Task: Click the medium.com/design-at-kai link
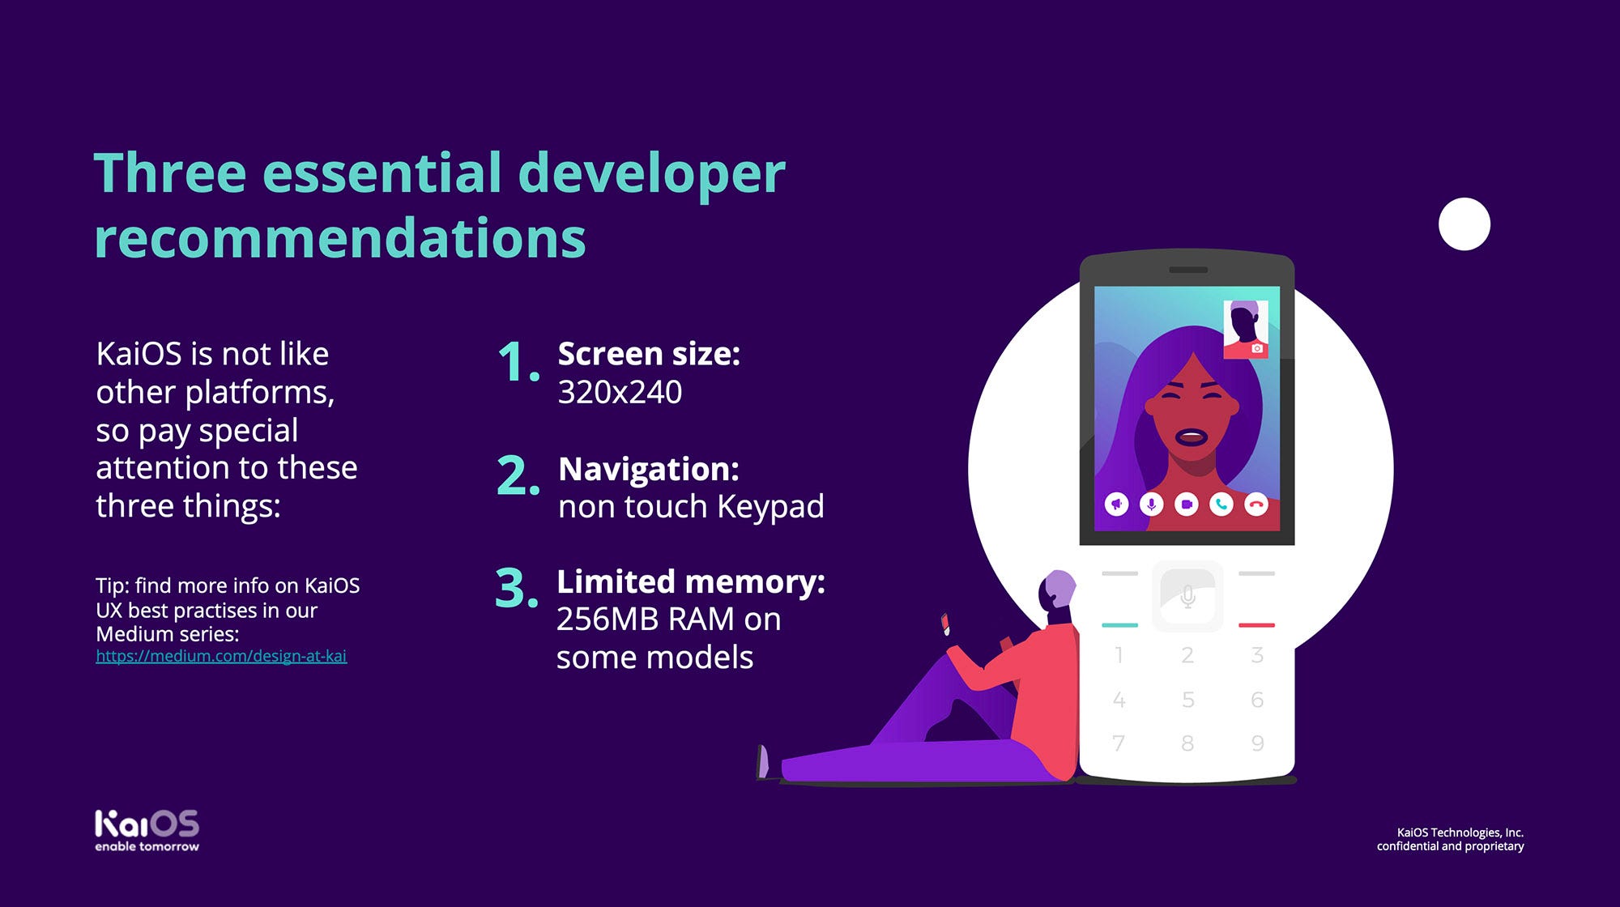[221, 657]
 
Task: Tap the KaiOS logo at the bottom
[147, 830]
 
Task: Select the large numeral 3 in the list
[516, 587]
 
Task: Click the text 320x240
[620, 392]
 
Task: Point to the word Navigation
[648, 469]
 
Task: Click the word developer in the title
[651, 174]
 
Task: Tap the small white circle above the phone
[1464, 224]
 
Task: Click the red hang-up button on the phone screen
[1256, 505]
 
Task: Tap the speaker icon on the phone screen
[1117, 505]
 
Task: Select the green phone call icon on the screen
[1221, 505]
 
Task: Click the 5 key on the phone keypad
[1188, 700]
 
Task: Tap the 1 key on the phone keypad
[1119, 655]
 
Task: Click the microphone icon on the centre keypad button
[1188, 598]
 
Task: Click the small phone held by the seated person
[945, 624]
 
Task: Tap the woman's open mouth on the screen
[1192, 438]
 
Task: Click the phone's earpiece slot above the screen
[1187, 270]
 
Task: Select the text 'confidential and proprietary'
[1450, 846]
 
